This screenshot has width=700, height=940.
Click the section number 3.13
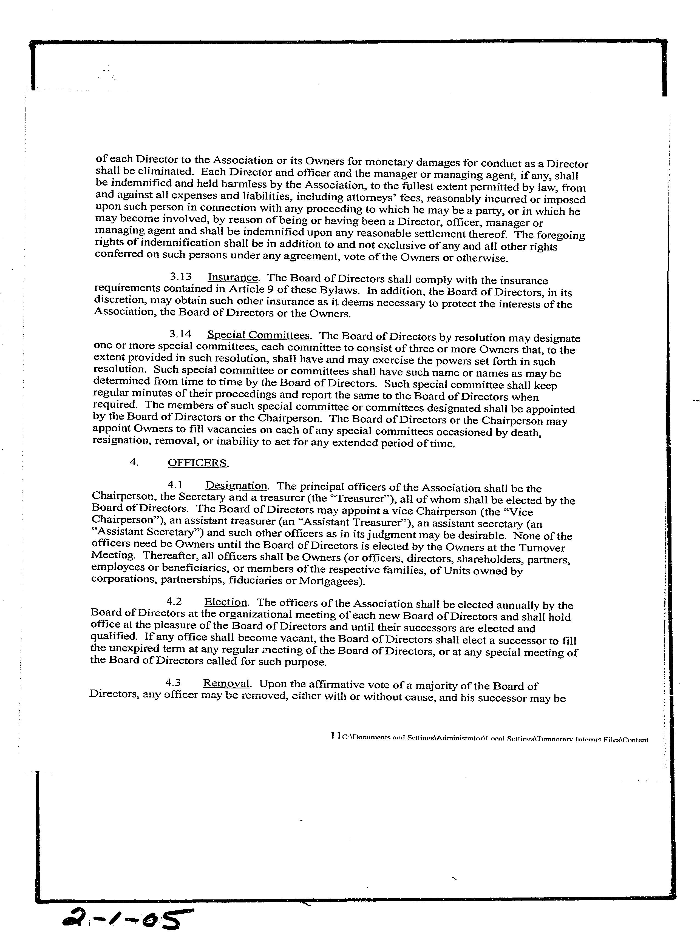[x=180, y=277]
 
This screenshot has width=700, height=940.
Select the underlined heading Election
[x=226, y=602]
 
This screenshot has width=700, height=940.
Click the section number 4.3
[x=173, y=683]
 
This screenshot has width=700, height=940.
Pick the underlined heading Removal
[x=226, y=683]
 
